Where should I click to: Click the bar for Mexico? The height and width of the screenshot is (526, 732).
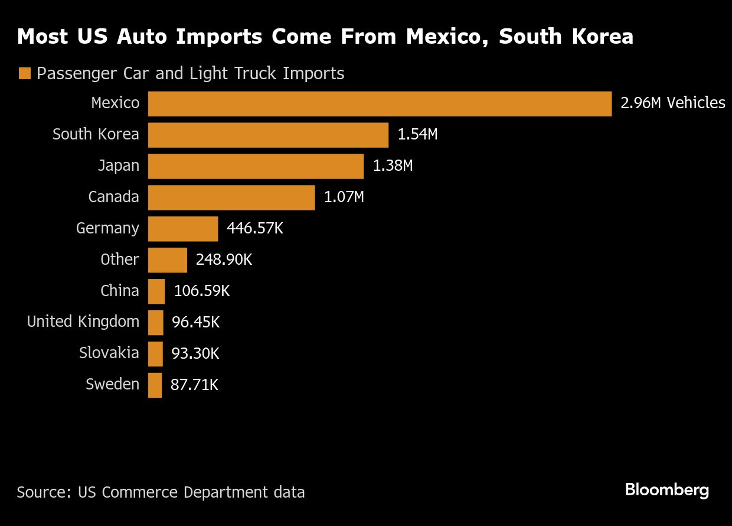coord(380,103)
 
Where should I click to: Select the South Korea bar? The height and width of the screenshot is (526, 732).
coord(268,135)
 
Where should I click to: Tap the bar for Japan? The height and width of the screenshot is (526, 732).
coord(256,166)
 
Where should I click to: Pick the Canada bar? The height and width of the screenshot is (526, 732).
coord(231,197)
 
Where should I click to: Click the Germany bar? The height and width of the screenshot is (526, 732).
coord(183,229)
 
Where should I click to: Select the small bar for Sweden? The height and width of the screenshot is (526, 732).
coord(155,385)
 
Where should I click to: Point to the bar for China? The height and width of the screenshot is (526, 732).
coord(156,291)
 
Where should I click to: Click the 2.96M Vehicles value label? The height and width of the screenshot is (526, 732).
coord(672,103)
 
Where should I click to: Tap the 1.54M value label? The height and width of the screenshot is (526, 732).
coord(417,135)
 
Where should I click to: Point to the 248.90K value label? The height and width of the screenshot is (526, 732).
coord(224,260)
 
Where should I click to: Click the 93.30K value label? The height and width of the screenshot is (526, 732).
coord(195,354)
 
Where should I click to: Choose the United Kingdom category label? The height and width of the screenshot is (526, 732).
coord(83,322)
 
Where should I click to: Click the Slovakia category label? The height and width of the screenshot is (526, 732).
coord(109,353)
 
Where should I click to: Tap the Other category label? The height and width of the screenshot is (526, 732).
coord(120,260)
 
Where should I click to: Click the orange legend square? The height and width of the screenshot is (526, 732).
coord(24,74)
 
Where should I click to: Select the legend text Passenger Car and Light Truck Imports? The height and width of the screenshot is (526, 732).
coord(190,74)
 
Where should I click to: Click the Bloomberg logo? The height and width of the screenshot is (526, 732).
coord(666,490)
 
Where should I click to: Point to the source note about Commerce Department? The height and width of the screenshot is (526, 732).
coord(161,492)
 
